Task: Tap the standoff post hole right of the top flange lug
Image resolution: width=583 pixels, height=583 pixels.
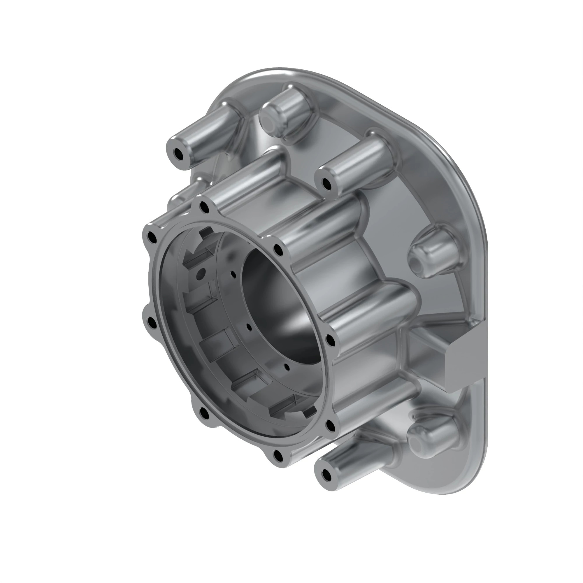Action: (326, 183)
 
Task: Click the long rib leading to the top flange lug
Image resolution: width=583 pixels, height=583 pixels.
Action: (245, 178)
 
